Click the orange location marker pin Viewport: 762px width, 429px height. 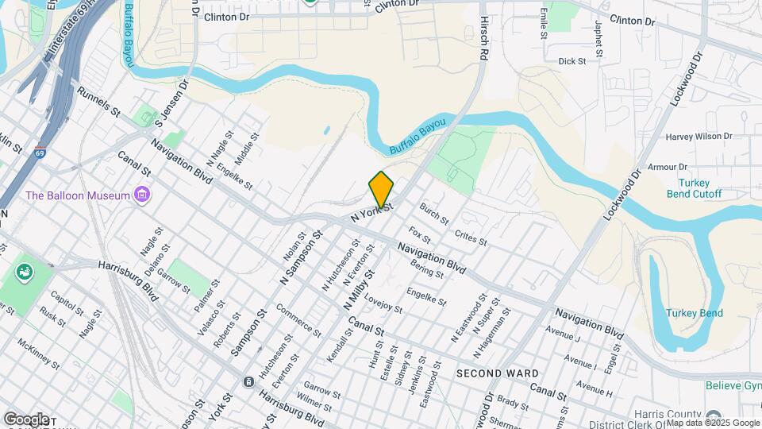381,189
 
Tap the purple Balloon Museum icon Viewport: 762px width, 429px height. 142,195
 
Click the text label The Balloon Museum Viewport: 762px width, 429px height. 78,195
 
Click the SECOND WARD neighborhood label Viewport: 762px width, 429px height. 498,373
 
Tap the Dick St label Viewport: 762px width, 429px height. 571,61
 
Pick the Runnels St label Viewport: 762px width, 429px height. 98,102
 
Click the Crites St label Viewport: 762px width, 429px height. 471,237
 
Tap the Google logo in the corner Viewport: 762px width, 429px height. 26,419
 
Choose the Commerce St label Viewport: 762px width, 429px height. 298,320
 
